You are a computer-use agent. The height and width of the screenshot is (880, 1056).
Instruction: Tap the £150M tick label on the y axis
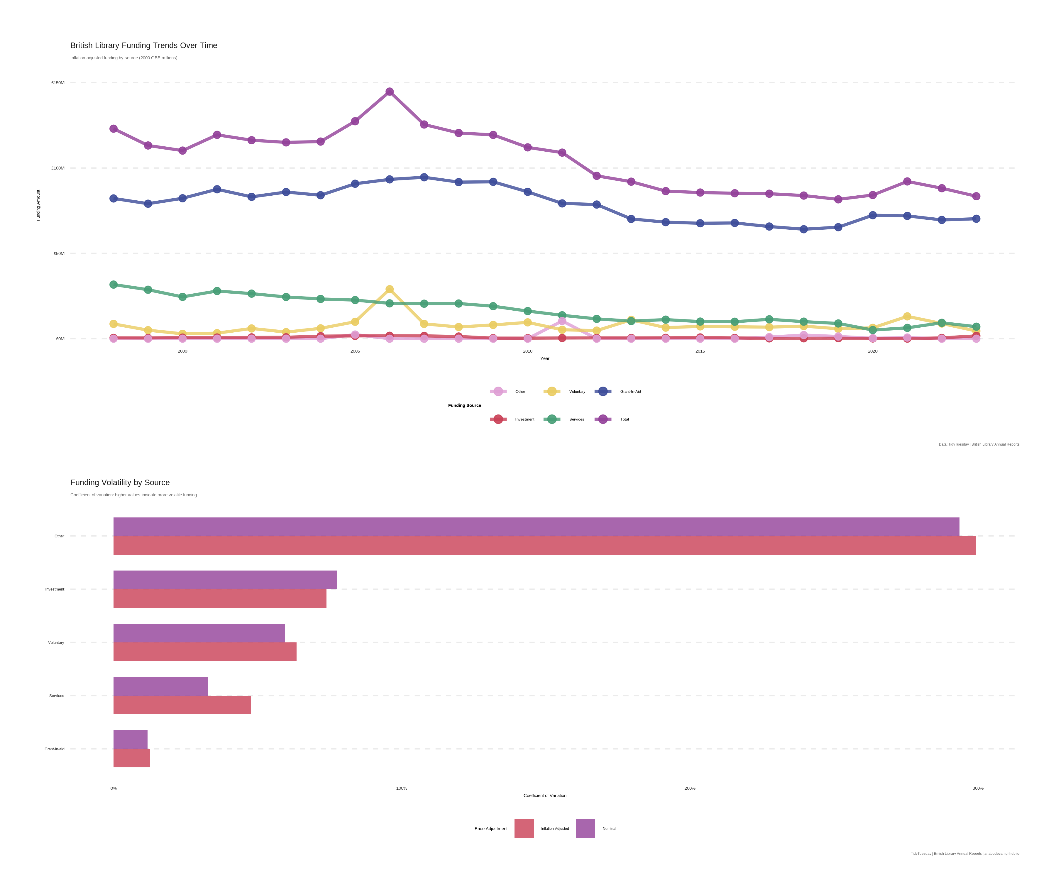pos(58,82)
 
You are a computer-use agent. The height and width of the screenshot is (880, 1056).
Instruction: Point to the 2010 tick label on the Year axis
pos(527,351)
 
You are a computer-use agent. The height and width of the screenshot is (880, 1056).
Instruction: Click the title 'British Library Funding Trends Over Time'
pos(144,45)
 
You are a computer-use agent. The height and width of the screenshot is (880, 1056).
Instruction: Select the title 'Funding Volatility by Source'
pos(120,482)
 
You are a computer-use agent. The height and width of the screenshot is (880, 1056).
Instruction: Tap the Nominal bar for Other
pos(536,527)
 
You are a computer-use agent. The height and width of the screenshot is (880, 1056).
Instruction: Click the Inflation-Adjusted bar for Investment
pos(220,598)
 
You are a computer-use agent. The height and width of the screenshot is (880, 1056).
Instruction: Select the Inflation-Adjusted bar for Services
pos(182,705)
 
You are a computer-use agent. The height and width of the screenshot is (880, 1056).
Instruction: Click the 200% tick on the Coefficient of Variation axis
pos(690,788)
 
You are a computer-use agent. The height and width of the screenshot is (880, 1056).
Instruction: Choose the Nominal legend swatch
pos(585,828)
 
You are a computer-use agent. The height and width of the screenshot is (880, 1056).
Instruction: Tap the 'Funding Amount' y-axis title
pos(38,205)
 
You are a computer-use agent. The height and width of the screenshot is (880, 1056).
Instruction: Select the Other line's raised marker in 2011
pos(562,321)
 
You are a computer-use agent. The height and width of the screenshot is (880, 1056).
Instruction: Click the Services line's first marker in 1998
pos(114,285)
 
